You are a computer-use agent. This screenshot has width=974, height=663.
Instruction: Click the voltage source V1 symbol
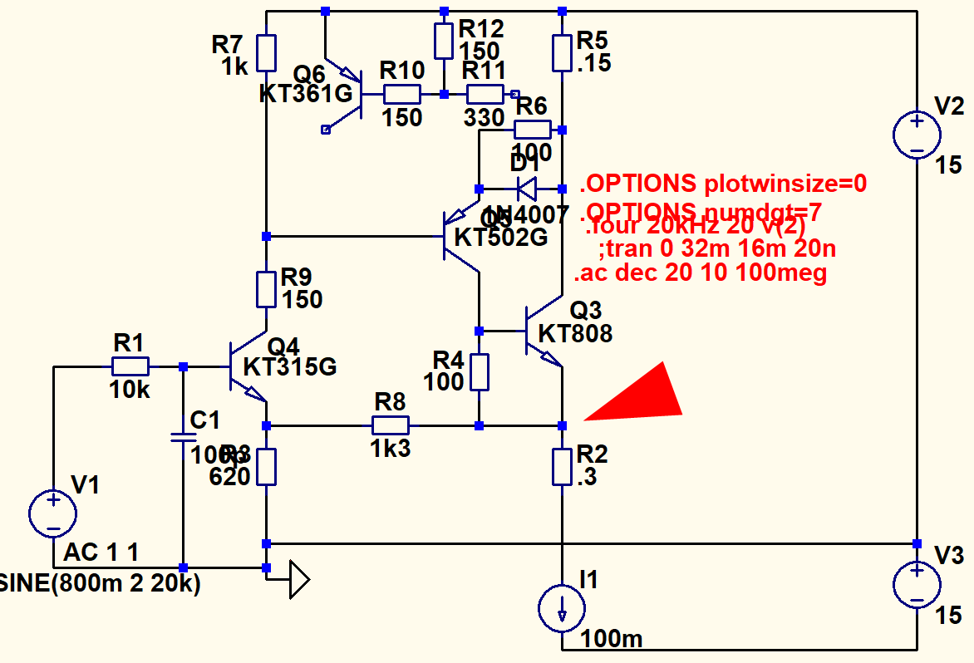[53, 513]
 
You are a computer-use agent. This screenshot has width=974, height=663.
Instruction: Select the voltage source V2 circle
[917, 135]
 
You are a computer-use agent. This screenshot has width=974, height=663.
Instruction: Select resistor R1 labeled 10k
[130, 366]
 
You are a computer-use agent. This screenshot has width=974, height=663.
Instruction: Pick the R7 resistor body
[266, 52]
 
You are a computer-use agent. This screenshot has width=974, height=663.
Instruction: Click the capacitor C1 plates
[183, 437]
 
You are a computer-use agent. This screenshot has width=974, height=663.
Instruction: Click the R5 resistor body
[563, 52]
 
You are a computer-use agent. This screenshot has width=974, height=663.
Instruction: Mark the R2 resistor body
[563, 467]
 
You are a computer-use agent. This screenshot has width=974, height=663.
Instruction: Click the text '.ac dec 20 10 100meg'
[700, 273]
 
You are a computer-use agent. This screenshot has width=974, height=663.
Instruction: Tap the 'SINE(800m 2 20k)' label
[101, 584]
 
